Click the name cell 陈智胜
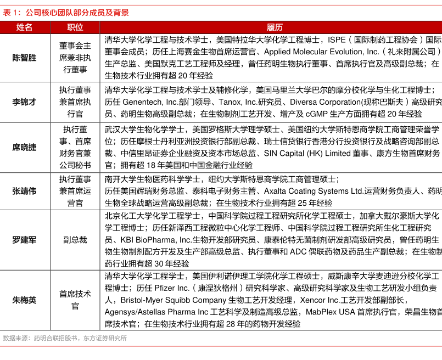(x=24, y=58)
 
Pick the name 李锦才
(x=24, y=102)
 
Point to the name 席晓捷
(x=24, y=147)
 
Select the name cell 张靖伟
(x=24, y=191)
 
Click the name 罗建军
(x=24, y=240)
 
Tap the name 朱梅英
(x=24, y=300)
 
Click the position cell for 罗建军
(x=75, y=240)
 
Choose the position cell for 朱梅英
(x=75, y=300)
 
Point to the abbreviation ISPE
(x=337, y=40)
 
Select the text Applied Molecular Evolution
(x=314, y=52)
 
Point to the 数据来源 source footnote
(x=65, y=338)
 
